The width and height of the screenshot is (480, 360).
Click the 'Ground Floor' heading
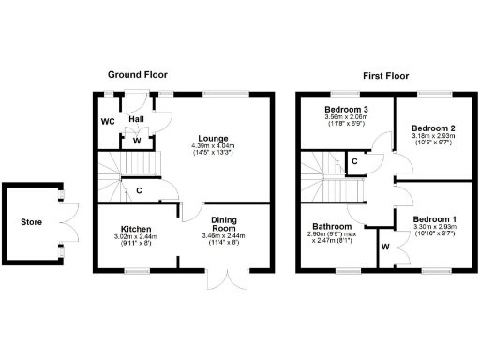tap(137, 74)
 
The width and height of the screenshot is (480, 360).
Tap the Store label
tap(32, 222)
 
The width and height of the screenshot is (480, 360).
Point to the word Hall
tap(137, 120)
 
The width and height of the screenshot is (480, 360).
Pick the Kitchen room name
tap(137, 228)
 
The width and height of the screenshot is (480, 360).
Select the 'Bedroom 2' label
tap(432, 127)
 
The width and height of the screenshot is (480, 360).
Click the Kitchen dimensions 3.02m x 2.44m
tap(137, 237)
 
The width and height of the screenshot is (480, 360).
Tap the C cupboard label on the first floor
tap(352, 161)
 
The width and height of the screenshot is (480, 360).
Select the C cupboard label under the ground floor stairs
tap(139, 191)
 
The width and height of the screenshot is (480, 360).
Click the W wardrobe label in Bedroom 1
tap(385, 247)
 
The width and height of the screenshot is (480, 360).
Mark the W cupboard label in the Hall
tap(137, 142)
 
